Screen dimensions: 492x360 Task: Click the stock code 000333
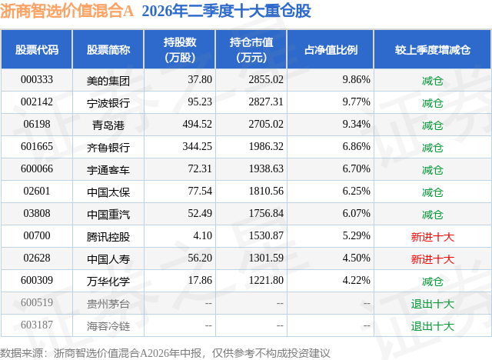37,80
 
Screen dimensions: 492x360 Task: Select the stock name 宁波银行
108,103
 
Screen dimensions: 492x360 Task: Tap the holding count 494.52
197,125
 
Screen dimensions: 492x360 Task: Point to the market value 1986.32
266,147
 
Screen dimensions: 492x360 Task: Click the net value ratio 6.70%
356,169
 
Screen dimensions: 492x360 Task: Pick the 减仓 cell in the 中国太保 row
432,192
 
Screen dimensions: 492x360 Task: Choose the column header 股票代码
37,49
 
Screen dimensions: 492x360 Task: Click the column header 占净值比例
331,49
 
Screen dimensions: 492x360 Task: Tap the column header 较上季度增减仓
433,49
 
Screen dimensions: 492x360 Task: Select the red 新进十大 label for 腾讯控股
432,237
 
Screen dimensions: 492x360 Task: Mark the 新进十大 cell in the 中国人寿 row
432,259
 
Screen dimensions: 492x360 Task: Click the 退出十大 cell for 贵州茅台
432,304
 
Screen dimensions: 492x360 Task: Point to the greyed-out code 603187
37,325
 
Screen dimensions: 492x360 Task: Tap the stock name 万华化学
108,282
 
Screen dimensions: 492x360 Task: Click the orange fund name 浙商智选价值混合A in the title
67,11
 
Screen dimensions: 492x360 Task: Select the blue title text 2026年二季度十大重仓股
226,11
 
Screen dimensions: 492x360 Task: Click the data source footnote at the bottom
165,353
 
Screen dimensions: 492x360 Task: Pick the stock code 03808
37,213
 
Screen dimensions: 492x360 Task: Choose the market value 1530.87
266,235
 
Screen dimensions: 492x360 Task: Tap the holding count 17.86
200,280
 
